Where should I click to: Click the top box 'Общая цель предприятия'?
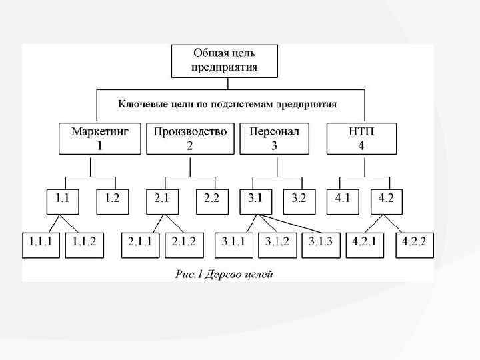tap(224, 61)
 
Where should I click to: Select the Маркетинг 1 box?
tap(100, 139)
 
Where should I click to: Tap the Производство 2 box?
tap(190, 139)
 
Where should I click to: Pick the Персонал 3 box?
tap(275, 139)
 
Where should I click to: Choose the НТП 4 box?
tap(361, 139)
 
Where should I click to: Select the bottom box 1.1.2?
tap(84, 243)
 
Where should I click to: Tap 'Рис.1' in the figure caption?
tap(189, 274)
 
